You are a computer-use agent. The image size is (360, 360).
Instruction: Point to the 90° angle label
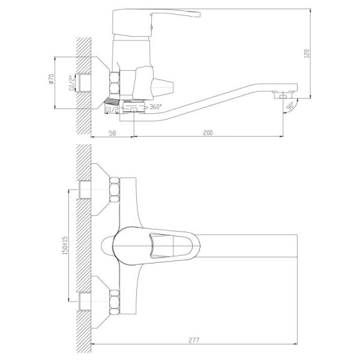(290, 106)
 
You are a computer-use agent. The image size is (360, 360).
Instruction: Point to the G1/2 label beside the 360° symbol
(111, 110)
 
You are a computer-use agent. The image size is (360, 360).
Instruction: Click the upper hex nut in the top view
(113, 190)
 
